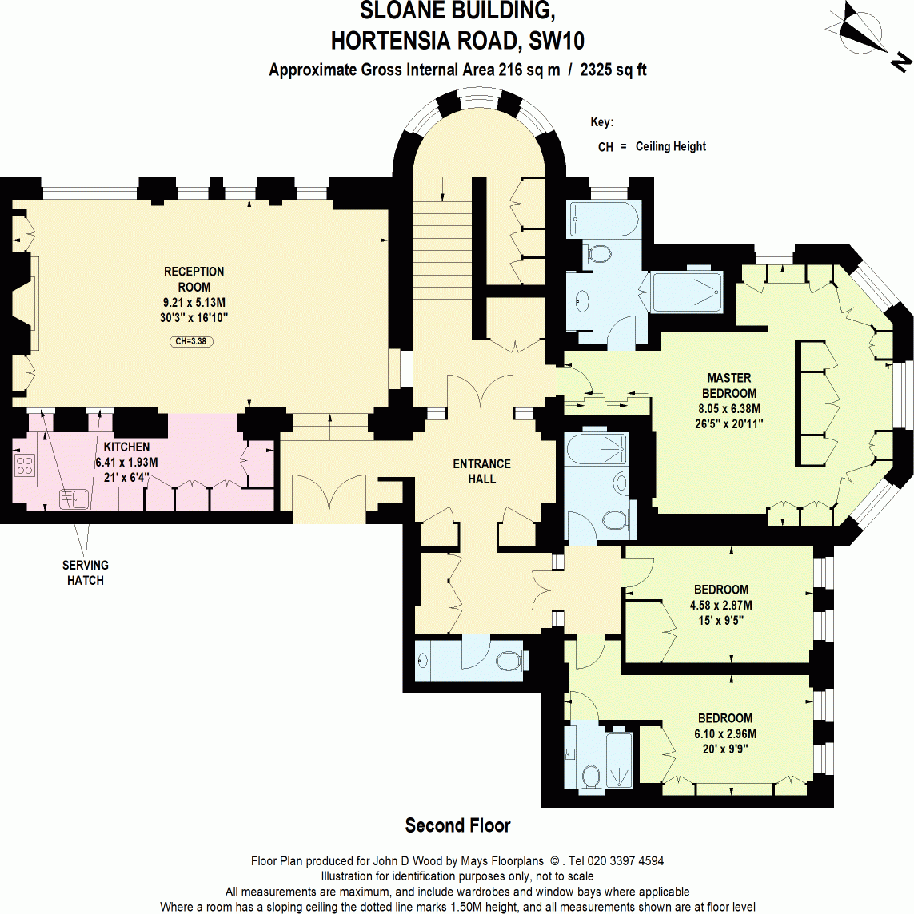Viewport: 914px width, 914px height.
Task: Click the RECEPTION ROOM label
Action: (194, 279)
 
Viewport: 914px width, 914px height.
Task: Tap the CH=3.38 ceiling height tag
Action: (192, 341)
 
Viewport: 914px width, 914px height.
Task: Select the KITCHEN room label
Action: (126, 447)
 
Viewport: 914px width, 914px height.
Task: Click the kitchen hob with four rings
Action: (24, 465)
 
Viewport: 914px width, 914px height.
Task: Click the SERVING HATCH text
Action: (85, 573)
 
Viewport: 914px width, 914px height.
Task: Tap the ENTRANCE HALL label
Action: (481, 471)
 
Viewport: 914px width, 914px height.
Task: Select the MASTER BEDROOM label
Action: (728, 385)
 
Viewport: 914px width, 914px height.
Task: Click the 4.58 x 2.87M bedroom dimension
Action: (720, 605)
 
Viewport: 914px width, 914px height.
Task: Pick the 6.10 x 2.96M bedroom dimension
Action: (724, 733)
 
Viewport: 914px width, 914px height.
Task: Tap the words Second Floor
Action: (457, 825)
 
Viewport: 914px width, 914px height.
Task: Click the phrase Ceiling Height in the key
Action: (671, 146)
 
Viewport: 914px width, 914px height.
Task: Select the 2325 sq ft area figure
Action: (613, 70)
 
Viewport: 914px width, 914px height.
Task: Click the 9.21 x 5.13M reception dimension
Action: (194, 303)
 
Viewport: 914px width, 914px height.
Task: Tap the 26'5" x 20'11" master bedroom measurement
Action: (728, 423)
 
